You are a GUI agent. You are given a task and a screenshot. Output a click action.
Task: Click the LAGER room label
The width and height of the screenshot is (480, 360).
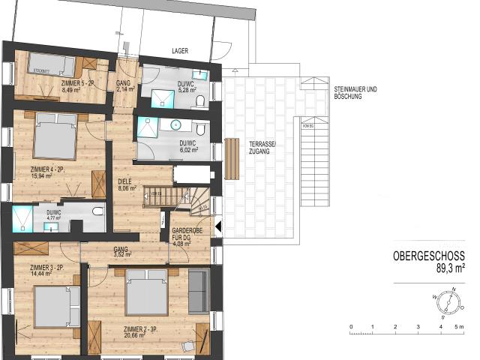(x=179, y=51)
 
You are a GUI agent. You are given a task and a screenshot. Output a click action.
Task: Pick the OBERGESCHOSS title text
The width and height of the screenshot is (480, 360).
(x=433, y=256)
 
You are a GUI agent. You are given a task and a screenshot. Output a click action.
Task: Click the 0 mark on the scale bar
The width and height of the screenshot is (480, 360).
(x=351, y=328)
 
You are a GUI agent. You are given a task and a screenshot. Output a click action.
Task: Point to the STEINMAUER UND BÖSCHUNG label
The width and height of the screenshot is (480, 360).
(x=356, y=93)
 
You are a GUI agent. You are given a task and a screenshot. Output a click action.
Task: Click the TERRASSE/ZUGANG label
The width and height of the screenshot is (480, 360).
(x=256, y=147)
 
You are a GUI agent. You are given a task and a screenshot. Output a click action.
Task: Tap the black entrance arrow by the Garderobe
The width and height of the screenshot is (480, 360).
(x=218, y=225)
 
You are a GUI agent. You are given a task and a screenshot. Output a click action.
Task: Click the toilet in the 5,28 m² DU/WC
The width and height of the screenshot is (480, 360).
(x=200, y=101)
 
